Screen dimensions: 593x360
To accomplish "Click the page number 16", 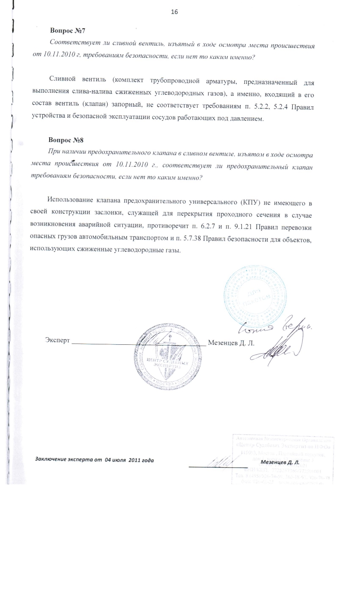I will point(174,12).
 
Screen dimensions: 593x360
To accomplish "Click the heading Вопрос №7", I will point(68,30).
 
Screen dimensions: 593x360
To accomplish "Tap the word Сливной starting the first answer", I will point(62,79).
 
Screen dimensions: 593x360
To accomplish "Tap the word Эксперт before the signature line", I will point(57,340).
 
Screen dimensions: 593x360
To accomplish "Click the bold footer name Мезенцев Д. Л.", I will point(280,462).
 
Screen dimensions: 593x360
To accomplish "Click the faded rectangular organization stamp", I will point(283,460).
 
